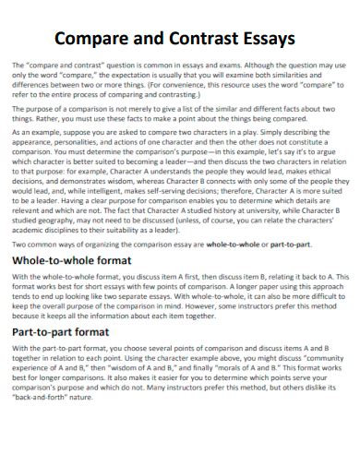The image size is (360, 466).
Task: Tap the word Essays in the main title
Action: pyautogui.click(x=263, y=40)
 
